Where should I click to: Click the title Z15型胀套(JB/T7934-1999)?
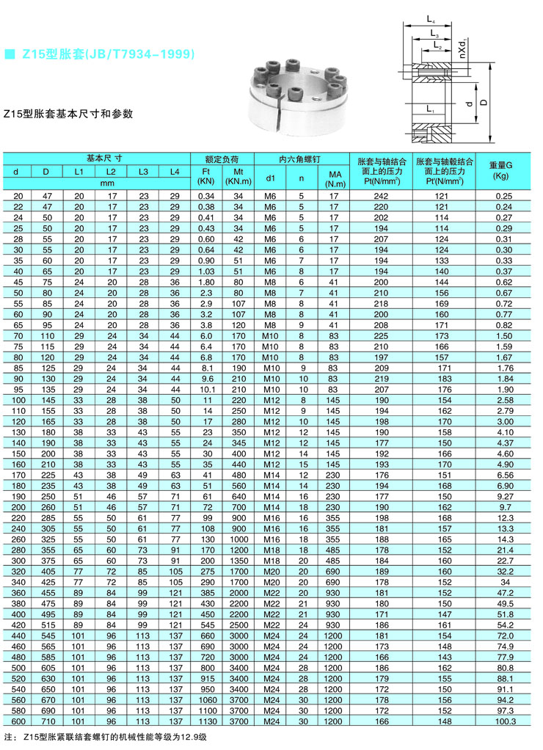(107, 54)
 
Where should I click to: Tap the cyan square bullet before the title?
(10, 54)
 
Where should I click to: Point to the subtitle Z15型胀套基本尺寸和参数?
(68, 114)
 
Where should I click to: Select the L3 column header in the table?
(142, 172)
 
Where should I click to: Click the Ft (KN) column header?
(206, 175)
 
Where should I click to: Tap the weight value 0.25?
(503, 196)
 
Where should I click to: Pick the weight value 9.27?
(503, 496)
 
